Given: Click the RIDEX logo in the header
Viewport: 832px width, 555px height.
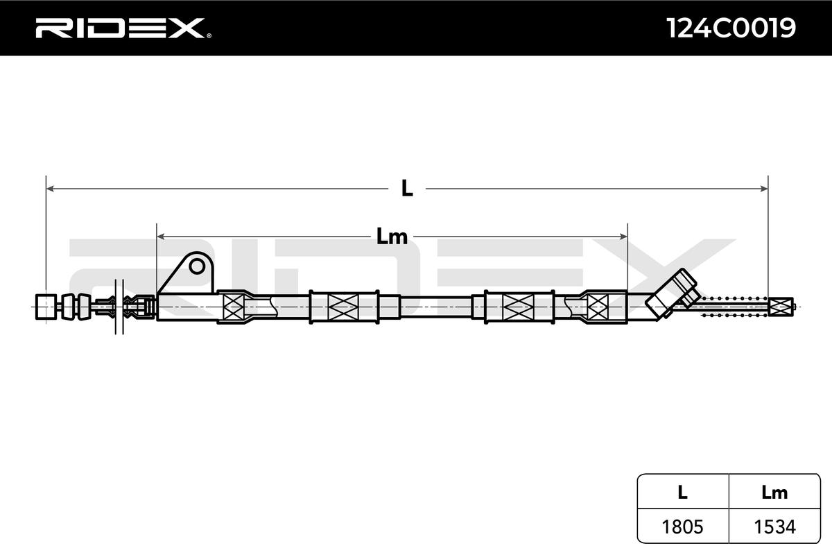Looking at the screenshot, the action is tap(120, 28).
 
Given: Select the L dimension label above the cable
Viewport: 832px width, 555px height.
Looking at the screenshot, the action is tap(407, 189).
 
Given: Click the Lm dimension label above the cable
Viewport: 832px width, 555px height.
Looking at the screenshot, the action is tap(392, 237).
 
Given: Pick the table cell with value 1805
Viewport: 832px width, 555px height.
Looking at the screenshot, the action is tap(683, 527).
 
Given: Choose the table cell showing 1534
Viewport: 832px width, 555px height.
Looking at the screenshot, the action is tap(775, 527).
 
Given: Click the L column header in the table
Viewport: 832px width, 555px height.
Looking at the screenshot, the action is tap(683, 492).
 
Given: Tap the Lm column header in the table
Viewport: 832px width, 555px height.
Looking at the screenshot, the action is tap(775, 492).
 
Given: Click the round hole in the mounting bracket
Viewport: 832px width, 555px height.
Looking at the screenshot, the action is tap(197, 266).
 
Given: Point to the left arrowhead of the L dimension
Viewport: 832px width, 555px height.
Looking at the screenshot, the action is tap(50, 189).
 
